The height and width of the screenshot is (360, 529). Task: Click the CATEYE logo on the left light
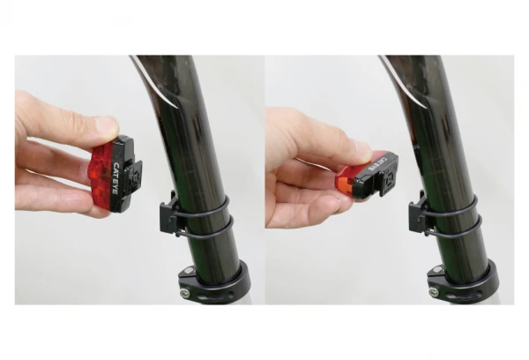(x=115, y=178)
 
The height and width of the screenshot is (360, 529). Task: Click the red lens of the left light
(x=101, y=178)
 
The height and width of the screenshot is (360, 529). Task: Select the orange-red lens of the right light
(x=346, y=185)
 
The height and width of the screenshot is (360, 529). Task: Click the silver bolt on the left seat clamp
(x=184, y=293)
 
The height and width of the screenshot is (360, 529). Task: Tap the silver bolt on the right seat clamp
(x=433, y=292)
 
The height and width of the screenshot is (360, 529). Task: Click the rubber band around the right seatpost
(x=453, y=215)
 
